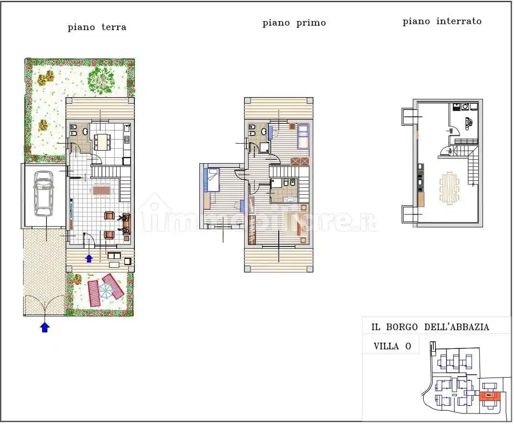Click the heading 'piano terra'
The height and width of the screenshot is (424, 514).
coord(97,27)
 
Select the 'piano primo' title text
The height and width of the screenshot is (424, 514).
coord(294,23)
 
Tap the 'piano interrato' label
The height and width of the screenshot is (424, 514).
coord(442,22)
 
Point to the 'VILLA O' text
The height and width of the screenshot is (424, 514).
coord(392,346)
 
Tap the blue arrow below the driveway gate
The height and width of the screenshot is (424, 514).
coord(44,327)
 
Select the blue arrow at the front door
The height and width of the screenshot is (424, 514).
coord(89,258)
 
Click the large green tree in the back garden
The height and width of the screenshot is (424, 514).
coord(101,79)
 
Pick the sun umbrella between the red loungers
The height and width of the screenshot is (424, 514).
coord(106,290)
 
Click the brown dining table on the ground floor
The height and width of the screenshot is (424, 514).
coord(101,190)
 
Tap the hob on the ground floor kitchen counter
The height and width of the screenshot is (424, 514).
coord(127,139)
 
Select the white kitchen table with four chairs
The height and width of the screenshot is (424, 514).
coord(101,141)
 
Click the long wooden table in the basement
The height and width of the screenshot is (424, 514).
coord(449,188)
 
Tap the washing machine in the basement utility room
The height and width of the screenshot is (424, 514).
coord(464,107)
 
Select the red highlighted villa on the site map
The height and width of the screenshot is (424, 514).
coord(489,395)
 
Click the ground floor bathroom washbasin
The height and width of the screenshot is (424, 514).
coord(85,131)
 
